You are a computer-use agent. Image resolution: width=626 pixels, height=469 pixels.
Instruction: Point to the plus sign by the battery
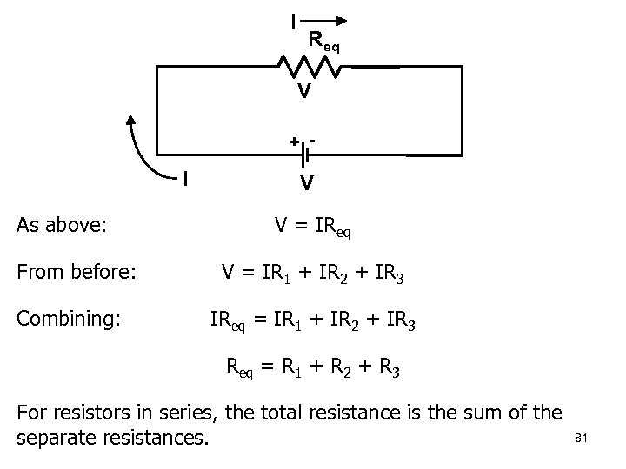[x=294, y=141]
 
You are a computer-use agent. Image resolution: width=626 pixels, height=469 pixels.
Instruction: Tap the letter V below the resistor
[x=303, y=90]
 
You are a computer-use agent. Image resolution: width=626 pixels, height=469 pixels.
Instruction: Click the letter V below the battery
[x=306, y=183]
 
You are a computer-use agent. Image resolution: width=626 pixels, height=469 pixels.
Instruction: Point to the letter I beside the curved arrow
[x=184, y=180]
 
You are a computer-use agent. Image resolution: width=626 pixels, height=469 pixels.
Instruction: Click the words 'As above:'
[x=62, y=226]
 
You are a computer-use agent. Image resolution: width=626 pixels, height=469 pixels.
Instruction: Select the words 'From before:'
[x=76, y=272]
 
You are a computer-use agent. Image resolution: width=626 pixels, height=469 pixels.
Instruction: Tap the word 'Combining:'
[x=70, y=319]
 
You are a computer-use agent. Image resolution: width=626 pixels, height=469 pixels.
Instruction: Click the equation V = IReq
[x=314, y=227]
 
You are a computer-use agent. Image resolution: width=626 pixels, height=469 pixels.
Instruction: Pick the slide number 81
[x=582, y=439]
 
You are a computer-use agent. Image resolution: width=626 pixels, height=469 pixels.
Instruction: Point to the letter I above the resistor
[x=293, y=18]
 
